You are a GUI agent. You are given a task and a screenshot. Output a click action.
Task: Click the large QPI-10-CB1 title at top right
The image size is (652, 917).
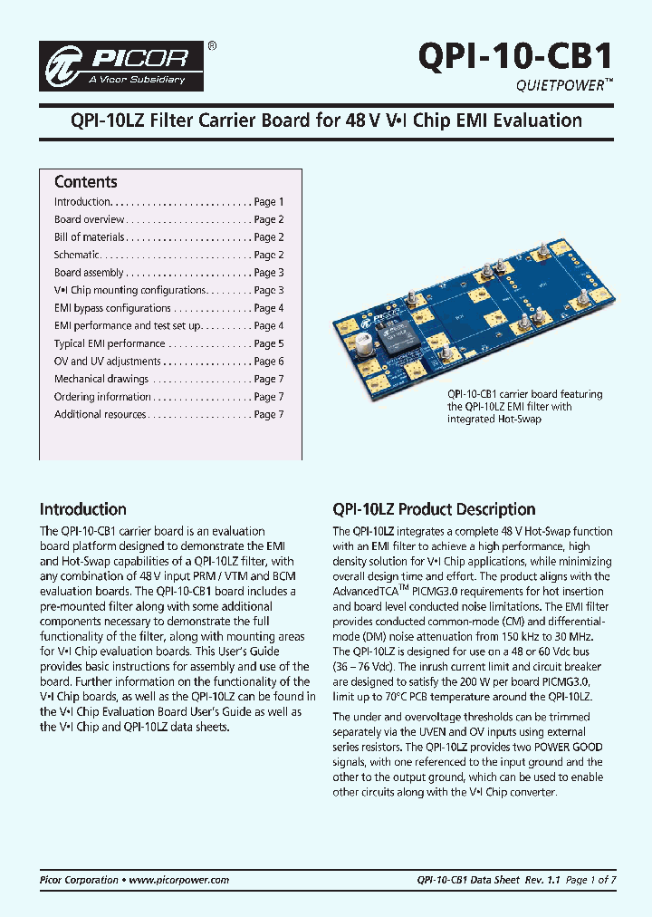[x=515, y=56]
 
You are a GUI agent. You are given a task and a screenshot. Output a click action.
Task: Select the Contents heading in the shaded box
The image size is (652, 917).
[x=85, y=182]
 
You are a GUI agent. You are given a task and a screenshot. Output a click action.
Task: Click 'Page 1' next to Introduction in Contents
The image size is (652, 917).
[x=269, y=202]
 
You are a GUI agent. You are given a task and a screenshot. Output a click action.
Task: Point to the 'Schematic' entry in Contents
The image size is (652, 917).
[x=76, y=256]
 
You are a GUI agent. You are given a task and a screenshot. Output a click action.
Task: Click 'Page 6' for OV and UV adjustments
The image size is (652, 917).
[x=269, y=362]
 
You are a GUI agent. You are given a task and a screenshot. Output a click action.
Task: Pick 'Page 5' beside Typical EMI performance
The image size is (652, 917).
[x=269, y=343]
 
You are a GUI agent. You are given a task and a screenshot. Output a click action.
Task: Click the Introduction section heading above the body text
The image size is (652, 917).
[x=82, y=509]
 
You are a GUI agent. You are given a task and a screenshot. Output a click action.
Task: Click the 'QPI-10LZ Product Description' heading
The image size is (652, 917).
[x=434, y=509]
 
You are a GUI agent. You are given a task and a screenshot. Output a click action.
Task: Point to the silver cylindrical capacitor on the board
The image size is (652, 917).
[x=368, y=347]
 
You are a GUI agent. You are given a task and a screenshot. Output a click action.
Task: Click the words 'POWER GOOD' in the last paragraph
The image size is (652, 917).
[x=565, y=748]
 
